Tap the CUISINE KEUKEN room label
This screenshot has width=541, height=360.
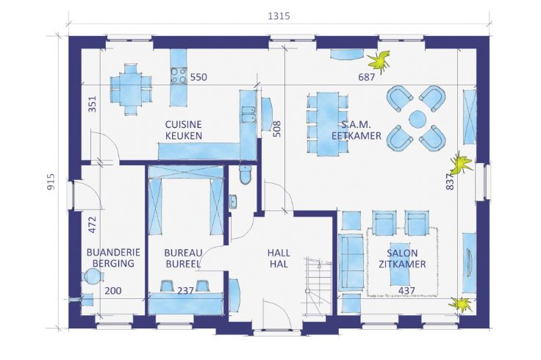[x=184, y=130]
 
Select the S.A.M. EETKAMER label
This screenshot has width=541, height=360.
[x=356, y=130]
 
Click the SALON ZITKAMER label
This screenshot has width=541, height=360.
[x=397, y=257]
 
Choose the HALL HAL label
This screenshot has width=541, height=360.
[x=278, y=257]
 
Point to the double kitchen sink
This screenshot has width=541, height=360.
[x=248, y=113]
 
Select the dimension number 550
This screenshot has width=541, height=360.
[x=199, y=76]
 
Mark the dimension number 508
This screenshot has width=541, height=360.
[x=276, y=129]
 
